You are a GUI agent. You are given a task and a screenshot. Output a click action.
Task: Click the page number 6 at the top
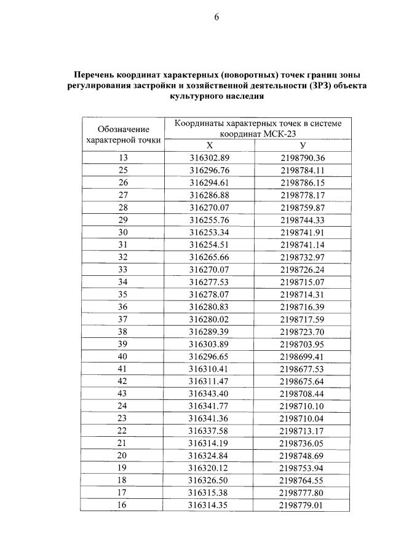(216, 17)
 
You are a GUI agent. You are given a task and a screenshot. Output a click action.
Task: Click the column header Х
(209, 146)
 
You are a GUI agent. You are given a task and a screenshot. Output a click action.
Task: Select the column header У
(302, 146)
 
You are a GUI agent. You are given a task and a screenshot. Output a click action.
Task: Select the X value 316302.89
(209, 158)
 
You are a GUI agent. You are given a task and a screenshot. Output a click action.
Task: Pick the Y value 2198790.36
(302, 158)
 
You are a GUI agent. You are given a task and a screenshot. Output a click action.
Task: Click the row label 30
(123, 232)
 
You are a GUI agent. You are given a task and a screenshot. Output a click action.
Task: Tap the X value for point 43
(209, 393)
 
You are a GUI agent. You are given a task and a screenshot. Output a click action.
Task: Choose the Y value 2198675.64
(302, 381)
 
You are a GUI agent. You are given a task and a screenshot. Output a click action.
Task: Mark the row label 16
(123, 505)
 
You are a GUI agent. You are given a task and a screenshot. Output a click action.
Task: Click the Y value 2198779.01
(302, 505)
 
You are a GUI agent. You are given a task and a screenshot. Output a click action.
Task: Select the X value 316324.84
(209, 455)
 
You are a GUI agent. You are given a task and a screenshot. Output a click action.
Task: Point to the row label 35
(123, 294)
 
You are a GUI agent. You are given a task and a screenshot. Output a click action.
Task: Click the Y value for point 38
(302, 332)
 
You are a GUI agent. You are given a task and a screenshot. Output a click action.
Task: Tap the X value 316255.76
(209, 220)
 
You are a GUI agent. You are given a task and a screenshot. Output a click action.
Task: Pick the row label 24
(123, 405)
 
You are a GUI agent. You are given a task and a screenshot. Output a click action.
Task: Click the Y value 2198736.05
(302, 443)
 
